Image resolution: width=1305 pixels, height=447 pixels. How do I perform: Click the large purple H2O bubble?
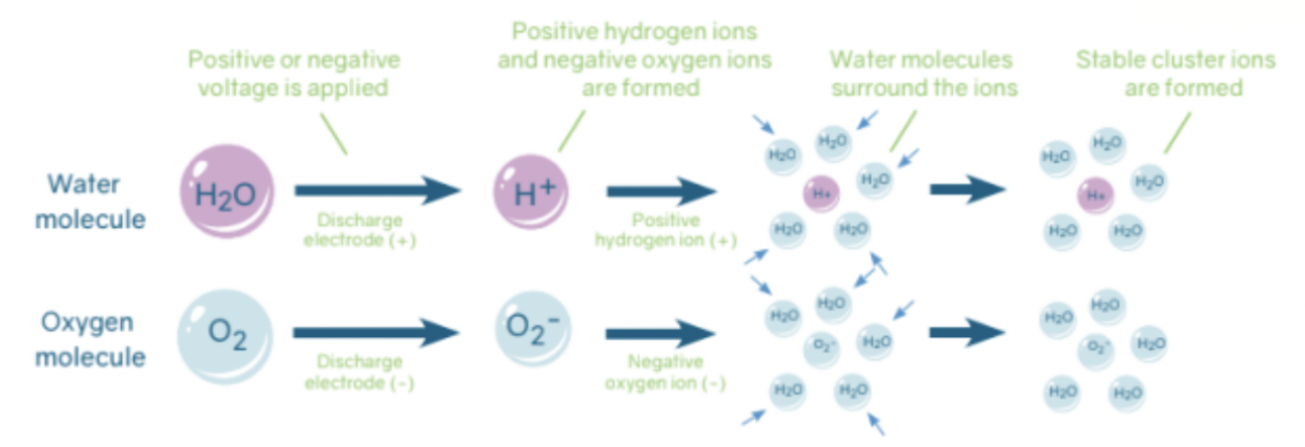pyautogui.click(x=226, y=192)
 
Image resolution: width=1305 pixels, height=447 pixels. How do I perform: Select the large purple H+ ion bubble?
pyautogui.click(x=535, y=192)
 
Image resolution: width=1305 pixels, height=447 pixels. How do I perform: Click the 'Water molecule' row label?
pyautogui.click(x=90, y=201)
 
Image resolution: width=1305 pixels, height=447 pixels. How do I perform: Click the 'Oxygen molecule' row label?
pyautogui.click(x=90, y=340)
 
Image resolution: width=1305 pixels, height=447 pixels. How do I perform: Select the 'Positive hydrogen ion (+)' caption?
pyautogui.click(x=664, y=230)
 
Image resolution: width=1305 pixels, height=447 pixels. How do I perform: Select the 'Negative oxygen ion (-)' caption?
pyautogui.click(x=664, y=372)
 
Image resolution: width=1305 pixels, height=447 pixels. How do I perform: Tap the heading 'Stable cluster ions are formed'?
pyautogui.click(x=1174, y=73)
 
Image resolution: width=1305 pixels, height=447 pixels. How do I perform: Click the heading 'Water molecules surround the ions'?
pyautogui.click(x=924, y=73)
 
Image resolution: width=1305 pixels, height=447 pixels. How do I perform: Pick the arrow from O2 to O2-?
pyautogui.click(x=375, y=332)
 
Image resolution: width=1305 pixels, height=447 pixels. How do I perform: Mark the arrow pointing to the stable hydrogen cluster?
pyautogui.click(x=967, y=189)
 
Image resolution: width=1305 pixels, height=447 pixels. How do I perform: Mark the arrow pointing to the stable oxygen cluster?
pyautogui.click(x=967, y=332)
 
